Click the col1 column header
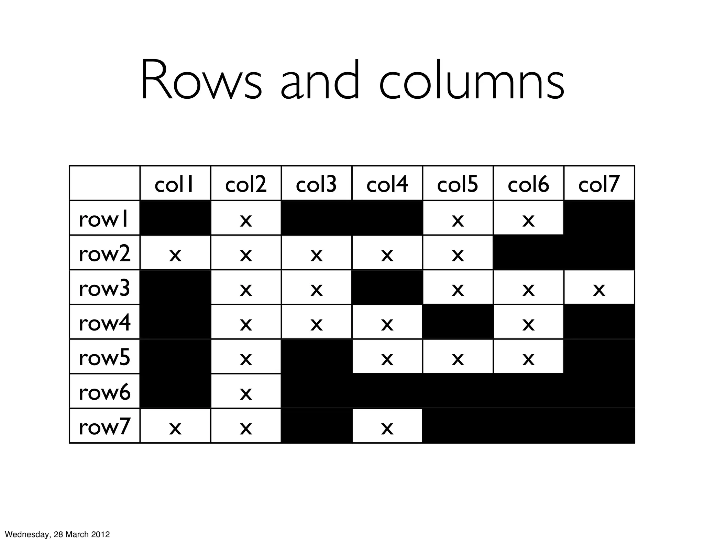coord(175,184)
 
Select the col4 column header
coord(387,184)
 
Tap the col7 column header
coord(599,184)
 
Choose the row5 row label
coord(104,357)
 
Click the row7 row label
coord(104,426)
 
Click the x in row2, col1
coord(175,255)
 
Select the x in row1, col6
coord(528,220)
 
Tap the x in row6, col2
coord(246,393)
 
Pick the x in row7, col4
coord(387,428)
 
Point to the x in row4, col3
coord(316,324)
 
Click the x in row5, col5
coord(458,359)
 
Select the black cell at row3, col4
coord(387,287)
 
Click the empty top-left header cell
coord(105,183)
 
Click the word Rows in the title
coord(201,81)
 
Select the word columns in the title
coord(472,81)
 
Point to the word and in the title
coord(320,81)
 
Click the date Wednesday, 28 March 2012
coord(57,534)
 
